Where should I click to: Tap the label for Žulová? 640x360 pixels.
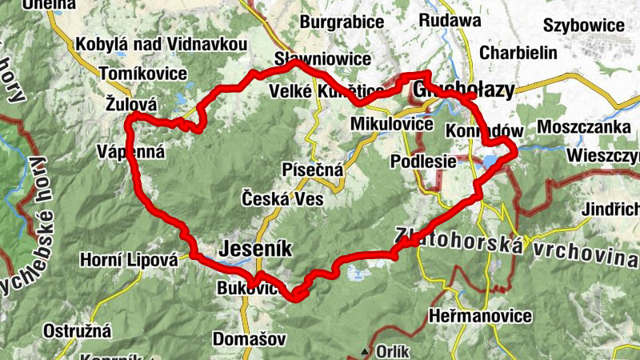131,104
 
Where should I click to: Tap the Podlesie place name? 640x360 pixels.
423,161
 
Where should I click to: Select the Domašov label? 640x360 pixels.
249,339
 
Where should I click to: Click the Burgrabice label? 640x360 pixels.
342,22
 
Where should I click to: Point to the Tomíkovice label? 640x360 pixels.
145,74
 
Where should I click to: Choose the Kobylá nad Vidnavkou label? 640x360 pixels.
159,45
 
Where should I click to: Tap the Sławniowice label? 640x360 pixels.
322,59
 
